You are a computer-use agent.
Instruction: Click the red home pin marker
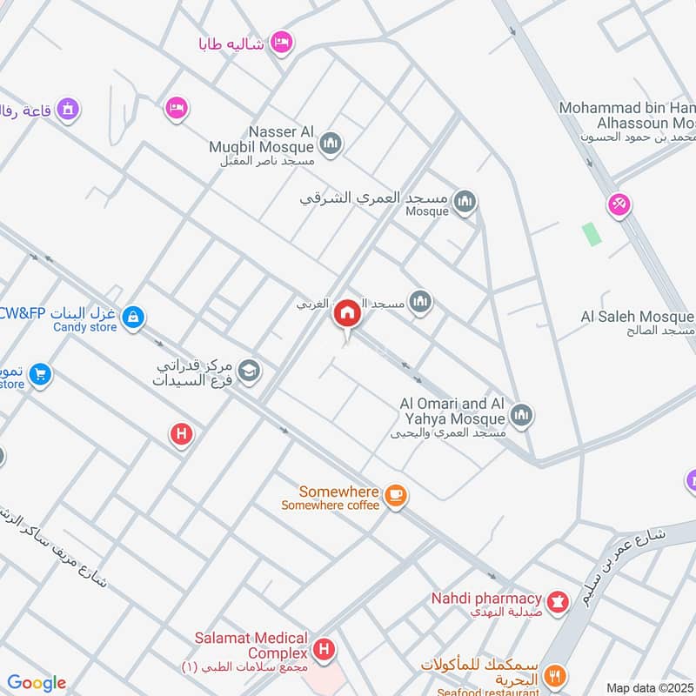[x=347, y=314]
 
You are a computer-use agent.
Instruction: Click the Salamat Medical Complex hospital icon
[x=325, y=648]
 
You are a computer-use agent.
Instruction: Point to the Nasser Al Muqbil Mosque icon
[x=330, y=143]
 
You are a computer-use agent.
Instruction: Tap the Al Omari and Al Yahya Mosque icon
[x=522, y=415]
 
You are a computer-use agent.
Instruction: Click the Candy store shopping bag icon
[x=133, y=318]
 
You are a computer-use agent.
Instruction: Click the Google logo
[x=37, y=683]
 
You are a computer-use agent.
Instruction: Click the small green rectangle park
[x=592, y=233]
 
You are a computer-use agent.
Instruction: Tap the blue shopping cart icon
[x=39, y=375]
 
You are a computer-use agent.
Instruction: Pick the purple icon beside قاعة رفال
[x=68, y=110]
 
